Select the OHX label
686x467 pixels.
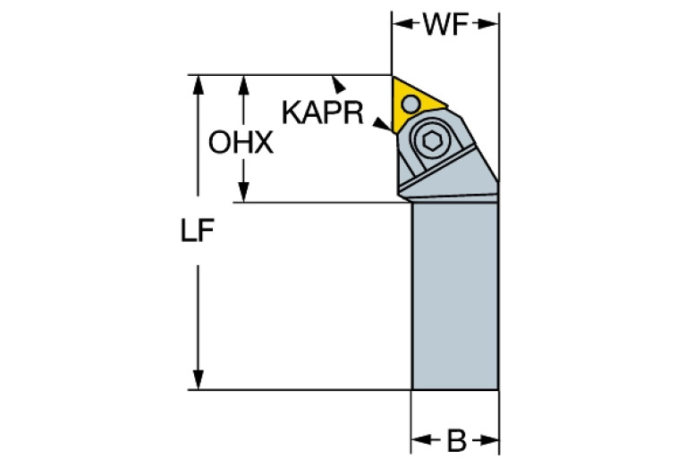(240, 143)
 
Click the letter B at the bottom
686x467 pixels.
(455, 440)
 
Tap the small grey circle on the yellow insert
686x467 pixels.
(411, 104)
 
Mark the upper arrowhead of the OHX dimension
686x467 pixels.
(241, 82)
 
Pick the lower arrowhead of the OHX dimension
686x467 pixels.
(241, 194)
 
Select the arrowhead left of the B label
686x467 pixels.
(419, 440)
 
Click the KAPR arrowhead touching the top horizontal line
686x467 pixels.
(339, 84)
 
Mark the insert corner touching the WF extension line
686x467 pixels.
(394, 77)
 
